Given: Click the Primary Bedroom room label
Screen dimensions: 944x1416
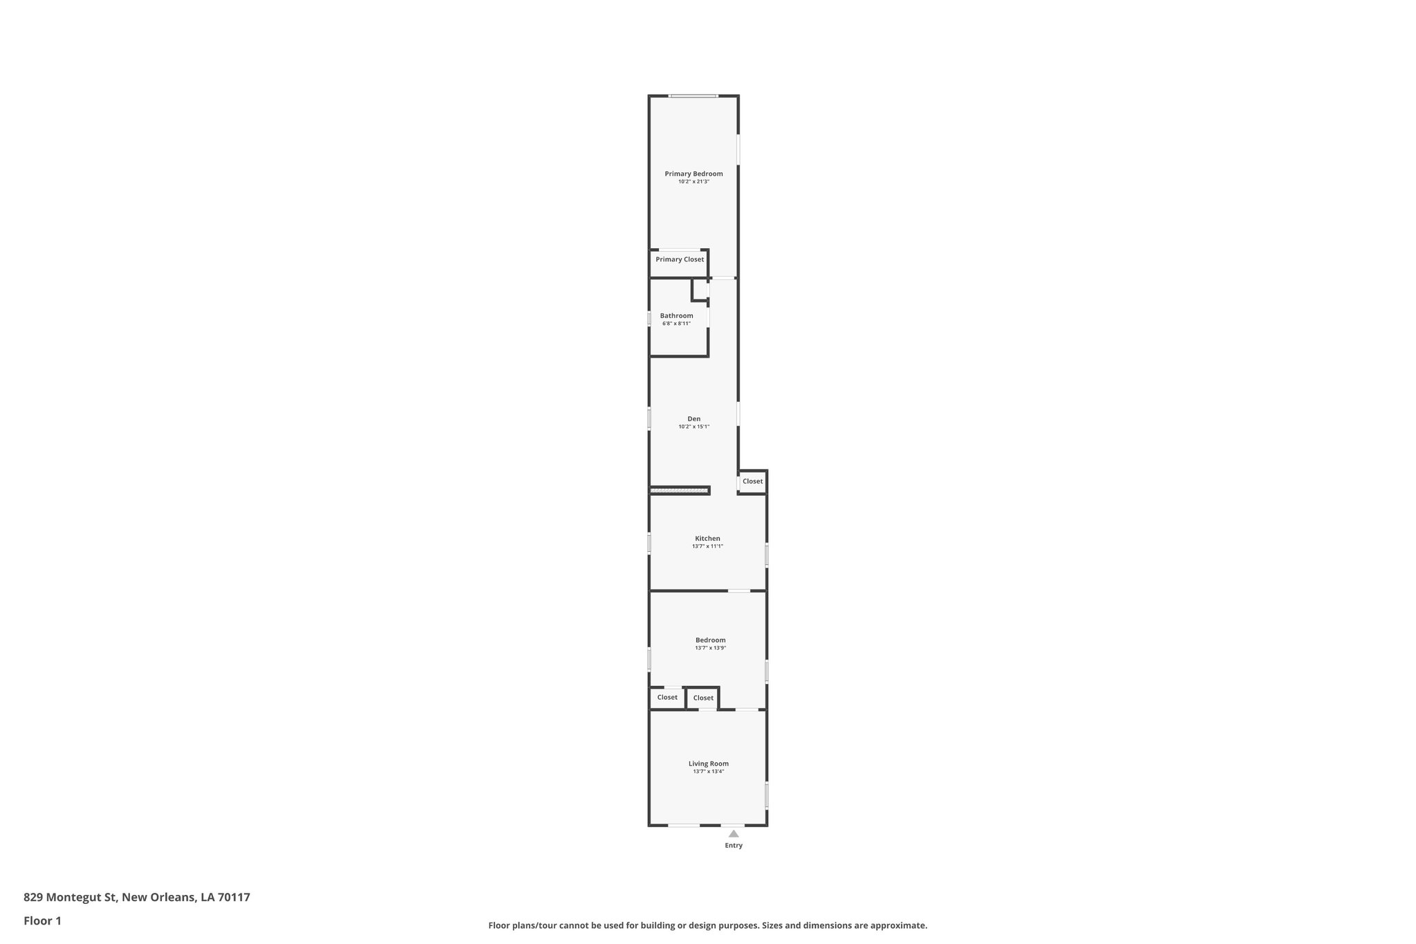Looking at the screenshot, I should coord(693,174).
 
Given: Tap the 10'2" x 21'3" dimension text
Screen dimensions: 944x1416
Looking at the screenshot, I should coord(693,182).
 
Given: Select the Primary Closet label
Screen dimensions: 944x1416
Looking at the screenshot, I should coord(680,259).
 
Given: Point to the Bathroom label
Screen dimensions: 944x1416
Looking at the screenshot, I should coord(676,315).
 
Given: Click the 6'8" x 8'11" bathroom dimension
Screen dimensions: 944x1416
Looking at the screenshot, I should coord(676,324).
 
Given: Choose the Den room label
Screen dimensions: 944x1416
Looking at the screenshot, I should coord(693,418).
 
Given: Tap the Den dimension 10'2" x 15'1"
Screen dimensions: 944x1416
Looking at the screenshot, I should coord(693,427).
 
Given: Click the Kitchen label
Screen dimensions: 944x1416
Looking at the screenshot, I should coord(707,538).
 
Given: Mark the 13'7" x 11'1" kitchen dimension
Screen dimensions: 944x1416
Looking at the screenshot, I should coord(707,546).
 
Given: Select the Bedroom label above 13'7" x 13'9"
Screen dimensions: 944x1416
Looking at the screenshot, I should coord(710,640).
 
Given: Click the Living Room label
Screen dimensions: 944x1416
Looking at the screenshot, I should coord(708,763).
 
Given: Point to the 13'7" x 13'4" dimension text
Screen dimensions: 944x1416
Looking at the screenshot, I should coord(708,772).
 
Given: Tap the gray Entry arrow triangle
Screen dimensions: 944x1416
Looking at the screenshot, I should coord(734,833).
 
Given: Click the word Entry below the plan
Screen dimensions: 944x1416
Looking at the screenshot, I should coord(734,845).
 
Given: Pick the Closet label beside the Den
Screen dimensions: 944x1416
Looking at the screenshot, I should coord(752,481).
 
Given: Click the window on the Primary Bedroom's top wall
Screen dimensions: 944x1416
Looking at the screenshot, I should coord(693,95).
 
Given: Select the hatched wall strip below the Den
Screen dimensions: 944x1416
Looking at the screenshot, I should coord(680,490).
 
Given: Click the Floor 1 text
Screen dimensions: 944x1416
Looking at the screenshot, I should coord(42,920).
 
